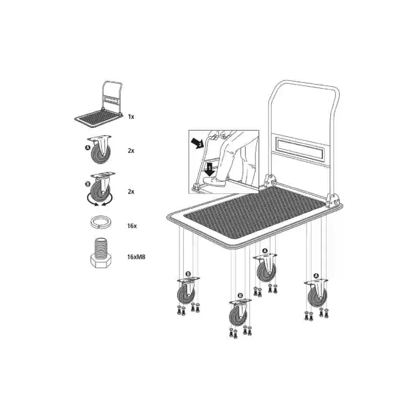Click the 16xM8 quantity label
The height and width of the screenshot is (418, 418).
136,257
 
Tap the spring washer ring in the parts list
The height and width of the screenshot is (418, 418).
101,223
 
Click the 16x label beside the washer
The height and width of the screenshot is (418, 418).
132,226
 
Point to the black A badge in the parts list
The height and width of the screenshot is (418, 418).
88,147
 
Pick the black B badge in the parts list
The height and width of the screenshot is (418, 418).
88,184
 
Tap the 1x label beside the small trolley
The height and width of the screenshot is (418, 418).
131,117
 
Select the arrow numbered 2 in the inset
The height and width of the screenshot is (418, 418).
198,143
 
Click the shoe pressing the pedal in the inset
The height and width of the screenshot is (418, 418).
213,181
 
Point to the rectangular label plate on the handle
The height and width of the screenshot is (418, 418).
300,148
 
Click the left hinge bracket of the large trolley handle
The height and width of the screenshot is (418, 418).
271,181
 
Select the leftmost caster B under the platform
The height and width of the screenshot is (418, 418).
188,291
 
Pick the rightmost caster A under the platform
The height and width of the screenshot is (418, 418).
317,294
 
